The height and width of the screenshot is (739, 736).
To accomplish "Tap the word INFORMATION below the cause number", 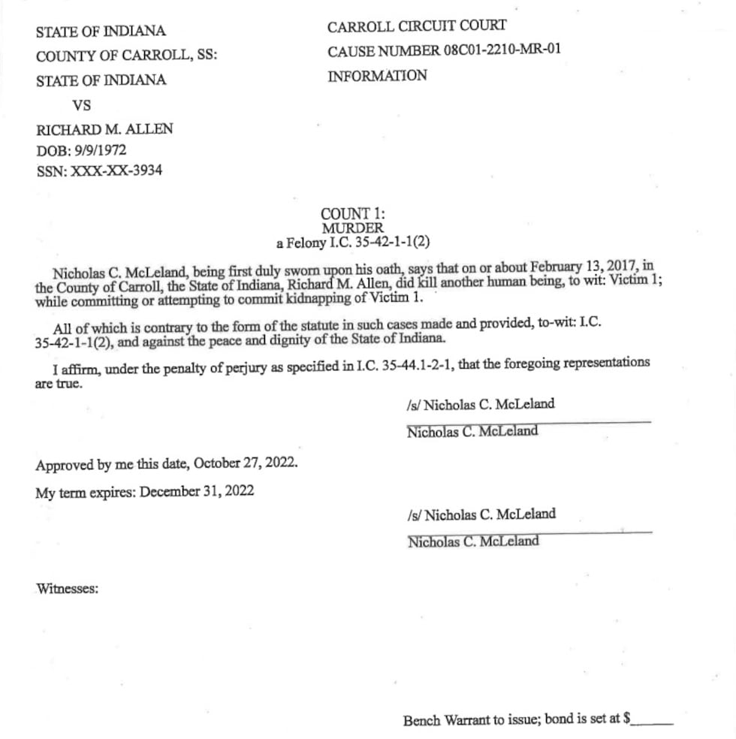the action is [377, 76].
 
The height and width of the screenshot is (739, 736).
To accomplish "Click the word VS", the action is [82, 104].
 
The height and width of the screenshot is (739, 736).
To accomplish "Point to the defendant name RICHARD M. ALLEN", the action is [104, 129].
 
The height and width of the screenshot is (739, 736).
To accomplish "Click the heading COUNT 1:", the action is [352, 215].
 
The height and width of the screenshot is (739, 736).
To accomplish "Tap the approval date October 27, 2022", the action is [246, 463].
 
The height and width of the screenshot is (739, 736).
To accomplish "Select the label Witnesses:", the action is [67, 590].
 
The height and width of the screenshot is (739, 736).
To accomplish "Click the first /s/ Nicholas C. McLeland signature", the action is [481, 404].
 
